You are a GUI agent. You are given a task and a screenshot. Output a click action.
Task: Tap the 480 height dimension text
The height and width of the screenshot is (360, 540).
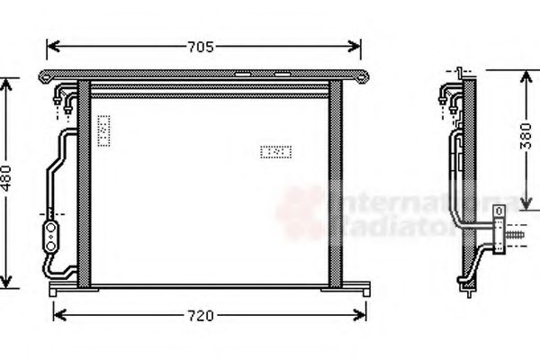(8, 180)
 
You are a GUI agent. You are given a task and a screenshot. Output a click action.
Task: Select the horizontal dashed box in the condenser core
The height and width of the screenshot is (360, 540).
(275, 152)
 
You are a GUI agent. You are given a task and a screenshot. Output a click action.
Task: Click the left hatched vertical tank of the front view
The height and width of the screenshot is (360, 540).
(84, 184)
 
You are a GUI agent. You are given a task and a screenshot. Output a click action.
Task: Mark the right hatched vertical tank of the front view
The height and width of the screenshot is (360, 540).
(336, 184)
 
